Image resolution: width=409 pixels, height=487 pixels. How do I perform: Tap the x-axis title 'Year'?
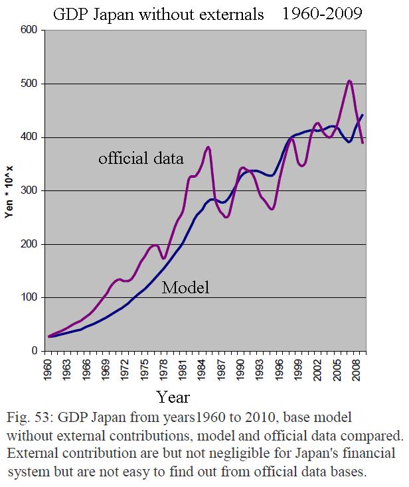pyautogui.click(x=174, y=397)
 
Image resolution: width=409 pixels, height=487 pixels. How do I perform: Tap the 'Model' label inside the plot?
pyautogui.click(x=186, y=287)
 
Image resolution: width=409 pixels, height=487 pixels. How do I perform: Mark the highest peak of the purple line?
pyautogui.click(x=349, y=81)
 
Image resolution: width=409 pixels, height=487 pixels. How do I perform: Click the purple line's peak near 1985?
pyautogui.click(x=208, y=147)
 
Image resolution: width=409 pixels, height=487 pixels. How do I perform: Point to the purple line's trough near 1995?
pyautogui.click(x=272, y=209)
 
